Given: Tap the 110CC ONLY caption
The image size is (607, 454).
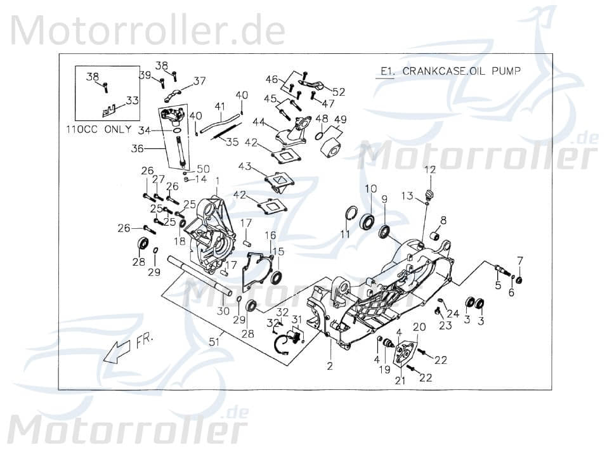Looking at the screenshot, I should (x=99, y=129).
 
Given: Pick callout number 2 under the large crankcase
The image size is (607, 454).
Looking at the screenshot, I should (x=329, y=366).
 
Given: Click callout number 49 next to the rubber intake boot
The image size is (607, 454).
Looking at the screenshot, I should (x=341, y=119).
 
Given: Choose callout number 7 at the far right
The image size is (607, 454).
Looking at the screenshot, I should (x=520, y=260).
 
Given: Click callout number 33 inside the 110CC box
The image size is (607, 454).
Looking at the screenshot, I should (x=132, y=100).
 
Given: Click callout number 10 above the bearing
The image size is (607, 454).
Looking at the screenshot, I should (x=370, y=188).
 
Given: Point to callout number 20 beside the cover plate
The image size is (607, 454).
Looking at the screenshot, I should (x=419, y=327).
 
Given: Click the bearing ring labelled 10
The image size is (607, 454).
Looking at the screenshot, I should (x=367, y=222).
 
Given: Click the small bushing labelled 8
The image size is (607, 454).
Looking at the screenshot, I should (x=436, y=237).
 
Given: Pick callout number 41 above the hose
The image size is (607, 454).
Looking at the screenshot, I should (x=219, y=106).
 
